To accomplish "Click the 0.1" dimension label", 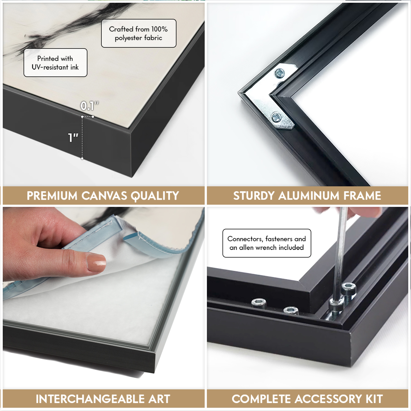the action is click(x=90, y=106).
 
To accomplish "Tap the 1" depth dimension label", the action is click(x=73, y=138).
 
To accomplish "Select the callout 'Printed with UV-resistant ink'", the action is click(x=55, y=63).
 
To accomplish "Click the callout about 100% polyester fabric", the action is click(x=139, y=33).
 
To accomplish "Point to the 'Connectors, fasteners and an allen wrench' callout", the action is click(x=267, y=243).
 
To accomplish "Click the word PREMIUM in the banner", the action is click(x=52, y=196).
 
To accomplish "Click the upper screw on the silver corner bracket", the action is click(x=280, y=73).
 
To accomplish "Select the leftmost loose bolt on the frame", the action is click(x=259, y=303).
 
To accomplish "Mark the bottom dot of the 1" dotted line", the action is click(x=82, y=158).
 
